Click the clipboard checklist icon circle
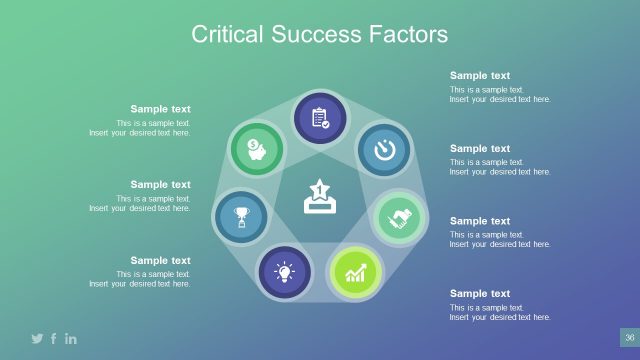320,118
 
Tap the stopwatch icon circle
384,149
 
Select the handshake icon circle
401,218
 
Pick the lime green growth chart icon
355,273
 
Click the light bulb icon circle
284,272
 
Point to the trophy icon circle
241,216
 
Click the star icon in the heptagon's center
319,196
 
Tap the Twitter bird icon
37,339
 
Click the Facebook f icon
54,339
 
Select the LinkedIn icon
71,339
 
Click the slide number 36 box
629,338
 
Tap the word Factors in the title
405,35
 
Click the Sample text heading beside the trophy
160,184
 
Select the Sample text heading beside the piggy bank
160,109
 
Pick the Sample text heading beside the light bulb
160,260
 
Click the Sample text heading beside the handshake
480,221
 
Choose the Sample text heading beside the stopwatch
480,148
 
